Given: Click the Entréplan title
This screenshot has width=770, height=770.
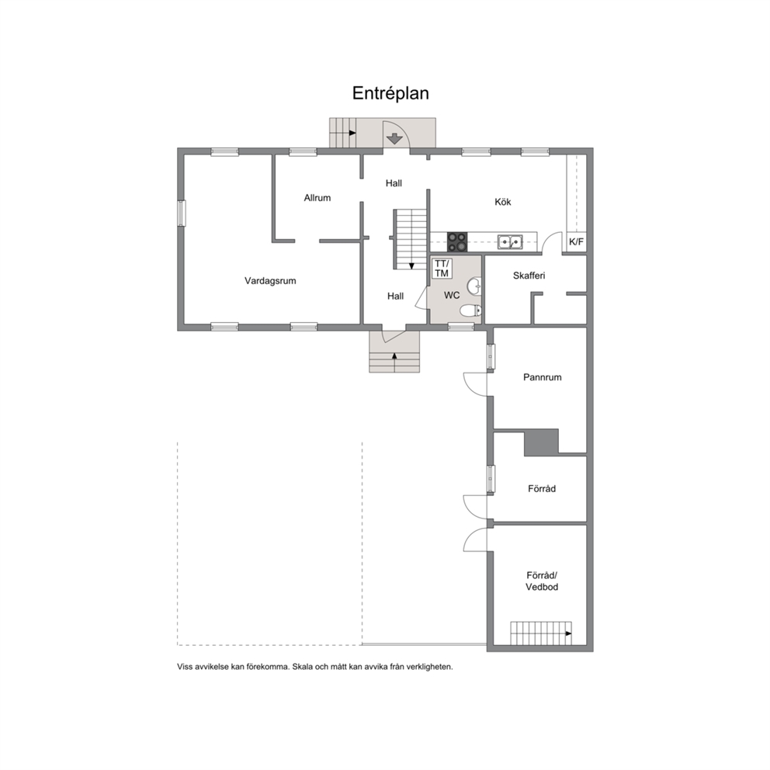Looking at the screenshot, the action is tap(390, 93).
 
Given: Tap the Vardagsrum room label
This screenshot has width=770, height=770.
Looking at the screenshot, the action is tap(270, 281).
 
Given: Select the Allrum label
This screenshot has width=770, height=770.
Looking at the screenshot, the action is tap(317, 198).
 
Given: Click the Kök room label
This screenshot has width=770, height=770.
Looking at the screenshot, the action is tap(503, 202).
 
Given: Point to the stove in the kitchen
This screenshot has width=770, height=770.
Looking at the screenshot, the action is tap(456, 241).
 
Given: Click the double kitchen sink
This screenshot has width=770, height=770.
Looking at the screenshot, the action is tap(510, 241).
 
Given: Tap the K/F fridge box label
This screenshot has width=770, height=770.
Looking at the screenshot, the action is tap(577, 241).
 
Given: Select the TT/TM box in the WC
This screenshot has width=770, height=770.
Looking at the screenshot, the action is tap(442, 269).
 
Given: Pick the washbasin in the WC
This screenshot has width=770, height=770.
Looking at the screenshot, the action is tap(474, 286).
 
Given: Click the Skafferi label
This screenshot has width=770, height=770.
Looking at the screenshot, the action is tap(529, 276).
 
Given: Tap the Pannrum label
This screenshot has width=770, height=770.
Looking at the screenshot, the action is tap(542, 377).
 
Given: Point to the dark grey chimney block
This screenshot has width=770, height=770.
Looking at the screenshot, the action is tap(541, 442).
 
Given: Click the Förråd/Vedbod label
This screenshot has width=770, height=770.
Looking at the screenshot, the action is tap(542, 581).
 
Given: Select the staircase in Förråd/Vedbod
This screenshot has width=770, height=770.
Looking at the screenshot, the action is tap(541, 633).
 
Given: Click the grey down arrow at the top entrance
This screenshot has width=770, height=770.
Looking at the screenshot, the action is tap(394, 138).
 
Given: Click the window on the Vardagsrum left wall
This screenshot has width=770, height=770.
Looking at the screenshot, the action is tap(182, 213).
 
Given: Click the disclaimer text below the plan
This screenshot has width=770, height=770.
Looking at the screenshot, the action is tap(315, 667).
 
